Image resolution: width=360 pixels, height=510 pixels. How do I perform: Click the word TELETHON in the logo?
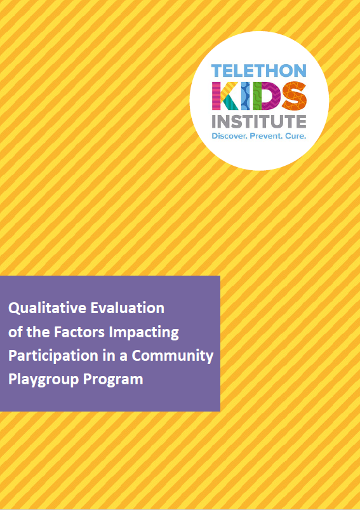click(259, 70)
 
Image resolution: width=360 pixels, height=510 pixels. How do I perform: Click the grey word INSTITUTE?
click(259, 121)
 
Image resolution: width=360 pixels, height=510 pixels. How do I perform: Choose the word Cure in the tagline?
click(296, 136)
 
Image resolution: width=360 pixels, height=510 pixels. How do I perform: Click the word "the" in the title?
click(37, 332)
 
